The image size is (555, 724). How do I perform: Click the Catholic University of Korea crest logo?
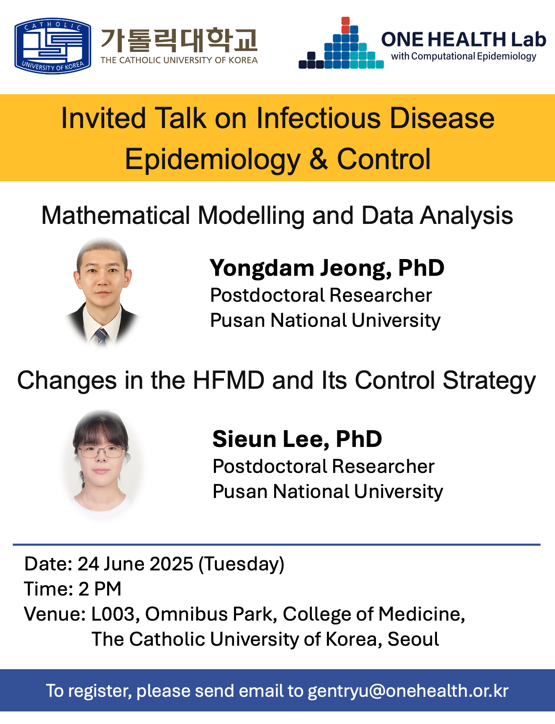pyautogui.click(x=53, y=46)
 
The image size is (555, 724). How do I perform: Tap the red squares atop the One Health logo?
pyautogui.click(x=345, y=26)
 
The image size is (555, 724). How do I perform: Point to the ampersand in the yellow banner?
pyautogui.click(x=319, y=159)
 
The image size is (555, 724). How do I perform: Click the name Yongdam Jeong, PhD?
pyautogui.click(x=327, y=268)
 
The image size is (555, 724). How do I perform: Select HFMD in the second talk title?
pyautogui.click(x=229, y=380)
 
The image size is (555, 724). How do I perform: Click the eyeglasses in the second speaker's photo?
pyautogui.click(x=101, y=451)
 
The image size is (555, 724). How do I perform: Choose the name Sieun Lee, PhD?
pyautogui.click(x=297, y=439)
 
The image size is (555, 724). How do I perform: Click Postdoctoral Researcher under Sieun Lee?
pyautogui.click(x=324, y=466)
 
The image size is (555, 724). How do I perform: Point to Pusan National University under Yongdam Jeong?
pyautogui.click(x=325, y=321)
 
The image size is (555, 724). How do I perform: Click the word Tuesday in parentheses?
pyautogui.click(x=242, y=565)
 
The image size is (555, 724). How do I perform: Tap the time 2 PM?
pyautogui.click(x=100, y=589)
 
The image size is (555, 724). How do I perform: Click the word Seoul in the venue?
pyautogui.click(x=413, y=639)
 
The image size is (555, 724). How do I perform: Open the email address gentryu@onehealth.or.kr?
pyautogui.click(x=408, y=691)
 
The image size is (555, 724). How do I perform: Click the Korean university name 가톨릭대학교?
pyautogui.click(x=179, y=40)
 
